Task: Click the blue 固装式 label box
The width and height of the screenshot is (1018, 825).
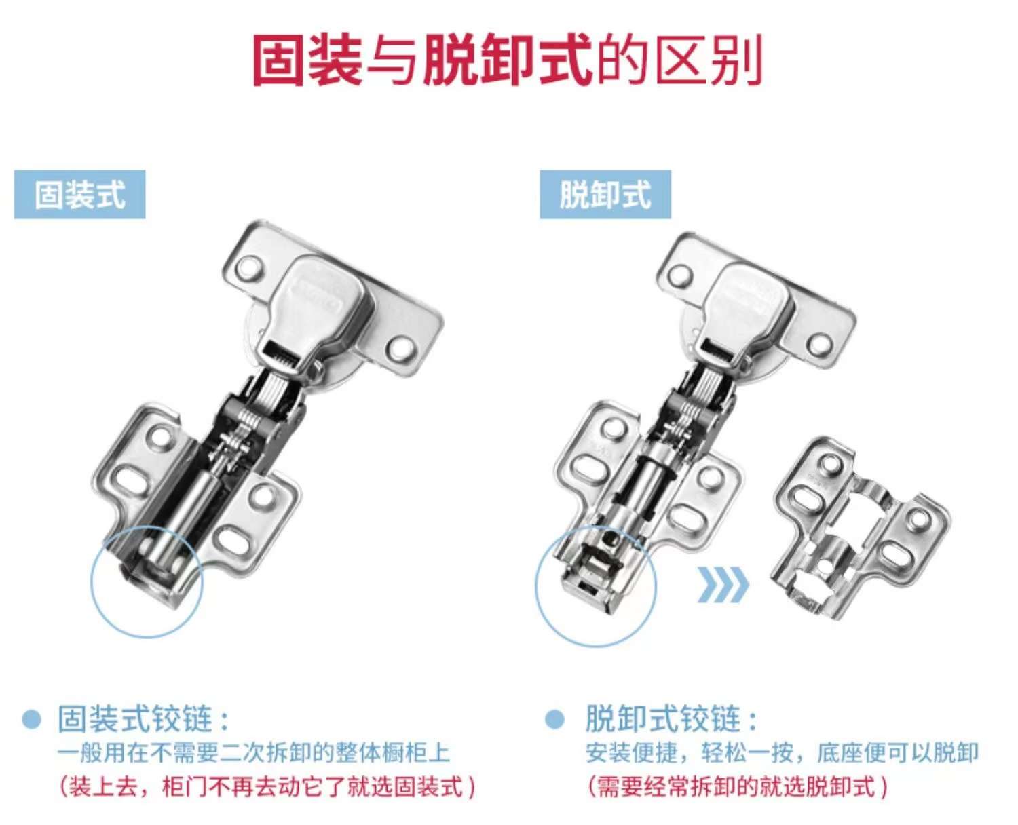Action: coord(79,194)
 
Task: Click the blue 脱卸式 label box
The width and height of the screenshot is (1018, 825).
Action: coord(605,194)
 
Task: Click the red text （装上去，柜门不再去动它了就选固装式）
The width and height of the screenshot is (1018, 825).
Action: coord(267,787)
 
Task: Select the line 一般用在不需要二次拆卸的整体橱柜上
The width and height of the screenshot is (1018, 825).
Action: coord(254,753)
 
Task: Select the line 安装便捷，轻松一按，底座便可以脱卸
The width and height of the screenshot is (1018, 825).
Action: coord(783,753)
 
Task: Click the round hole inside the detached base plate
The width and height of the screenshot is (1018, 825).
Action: coord(823,564)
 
